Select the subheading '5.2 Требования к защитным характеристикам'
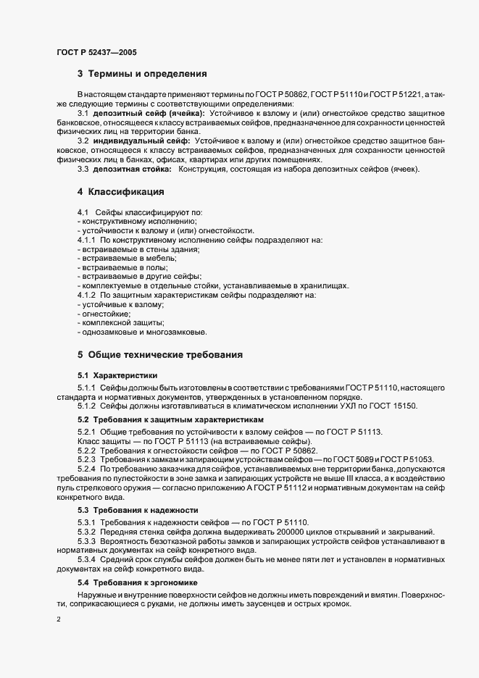pos(171,420)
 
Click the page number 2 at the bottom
pos(59,620)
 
